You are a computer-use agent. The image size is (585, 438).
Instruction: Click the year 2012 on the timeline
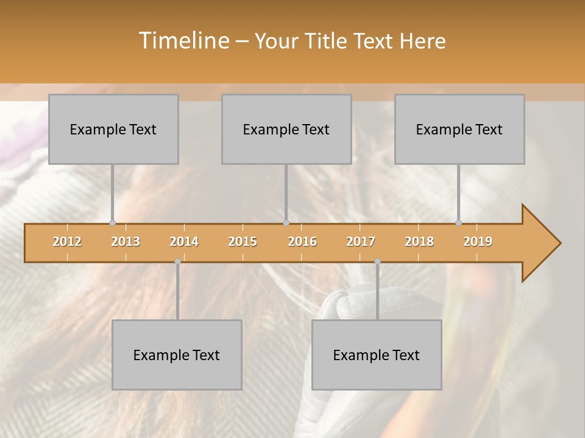pyautogui.click(x=67, y=242)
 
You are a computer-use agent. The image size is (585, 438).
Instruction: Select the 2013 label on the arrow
pyautogui.click(x=126, y=242)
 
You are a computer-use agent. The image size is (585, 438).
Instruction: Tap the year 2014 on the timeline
pyautogui.click(x=184, y=242)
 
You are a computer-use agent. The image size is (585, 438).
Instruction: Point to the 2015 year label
pyautogui.click(x=243, y=242)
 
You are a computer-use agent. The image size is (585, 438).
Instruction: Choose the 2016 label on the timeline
pyautogui.click(x=302, y=242)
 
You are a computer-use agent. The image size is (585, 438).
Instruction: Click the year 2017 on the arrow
pyautogui.click(x=361, y=242)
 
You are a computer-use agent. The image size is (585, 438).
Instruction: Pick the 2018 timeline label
pyautogui.click(x=419, y=242)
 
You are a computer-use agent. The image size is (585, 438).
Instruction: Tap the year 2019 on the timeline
pyautogui.click(x=478, y=242)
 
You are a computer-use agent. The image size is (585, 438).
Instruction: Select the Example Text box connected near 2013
pyautogui.click(x=113, y=129)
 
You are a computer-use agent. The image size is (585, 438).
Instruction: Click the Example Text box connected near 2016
pyautogui.click(x=286, y=129)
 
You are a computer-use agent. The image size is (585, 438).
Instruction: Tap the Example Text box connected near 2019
pyautogui.click(x=459, y=129)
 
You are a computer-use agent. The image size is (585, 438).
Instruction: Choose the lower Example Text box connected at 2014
pyautogui.click(x=177, y=355)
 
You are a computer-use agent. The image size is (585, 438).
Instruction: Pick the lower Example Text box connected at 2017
pyautogui.click(x=377, y=355)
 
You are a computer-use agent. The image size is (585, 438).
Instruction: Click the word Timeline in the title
pyautogui.click(x=183, y=41)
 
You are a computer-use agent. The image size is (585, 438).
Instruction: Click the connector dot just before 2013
pyautogui.click(x=112, y=223)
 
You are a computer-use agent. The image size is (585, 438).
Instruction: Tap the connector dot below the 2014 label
pyautogui.click(x=177, y=261)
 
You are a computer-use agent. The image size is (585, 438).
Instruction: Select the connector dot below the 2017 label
pyautogui.click(x=377, y=261)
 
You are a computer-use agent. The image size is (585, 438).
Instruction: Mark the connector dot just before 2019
pyautogui.click(x=458, y=223)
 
